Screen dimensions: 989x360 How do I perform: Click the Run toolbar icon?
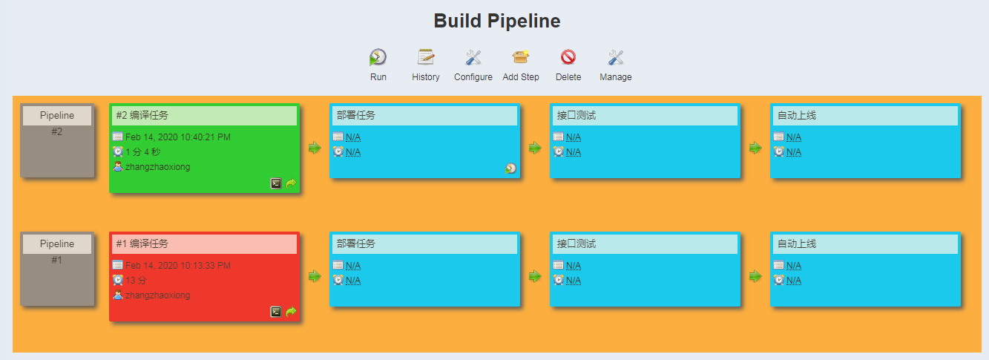point(378,57)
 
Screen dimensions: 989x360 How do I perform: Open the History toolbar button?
point(426,57)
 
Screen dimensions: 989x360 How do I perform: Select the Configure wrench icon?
point(473,57)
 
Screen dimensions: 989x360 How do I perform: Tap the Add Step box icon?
point(521,57)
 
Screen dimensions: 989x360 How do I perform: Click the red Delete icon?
point(568,57)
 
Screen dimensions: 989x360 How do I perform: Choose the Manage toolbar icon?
point(616,57)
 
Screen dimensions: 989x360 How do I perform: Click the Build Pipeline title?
point(496,21)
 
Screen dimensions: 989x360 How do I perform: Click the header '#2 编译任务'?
point(142,115)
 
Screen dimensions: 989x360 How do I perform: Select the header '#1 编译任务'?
point(142,243)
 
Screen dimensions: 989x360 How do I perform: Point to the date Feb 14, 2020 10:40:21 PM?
point(178,137)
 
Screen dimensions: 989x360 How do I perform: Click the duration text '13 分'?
point(136,280)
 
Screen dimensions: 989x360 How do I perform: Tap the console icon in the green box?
point(276,183)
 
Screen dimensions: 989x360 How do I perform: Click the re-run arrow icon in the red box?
point(291,312)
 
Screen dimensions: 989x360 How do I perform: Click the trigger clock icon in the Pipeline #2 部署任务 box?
point(511,168)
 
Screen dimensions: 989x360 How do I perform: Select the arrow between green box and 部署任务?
point(315,148)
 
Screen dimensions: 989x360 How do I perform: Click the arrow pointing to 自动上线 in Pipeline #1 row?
point(755,277)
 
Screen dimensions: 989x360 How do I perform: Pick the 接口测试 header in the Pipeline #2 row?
point(576,115)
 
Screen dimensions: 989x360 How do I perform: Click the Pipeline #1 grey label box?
point(57,269)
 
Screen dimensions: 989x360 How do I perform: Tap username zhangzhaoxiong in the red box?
point(157,295)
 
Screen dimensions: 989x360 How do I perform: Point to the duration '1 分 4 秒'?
point(142,152)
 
